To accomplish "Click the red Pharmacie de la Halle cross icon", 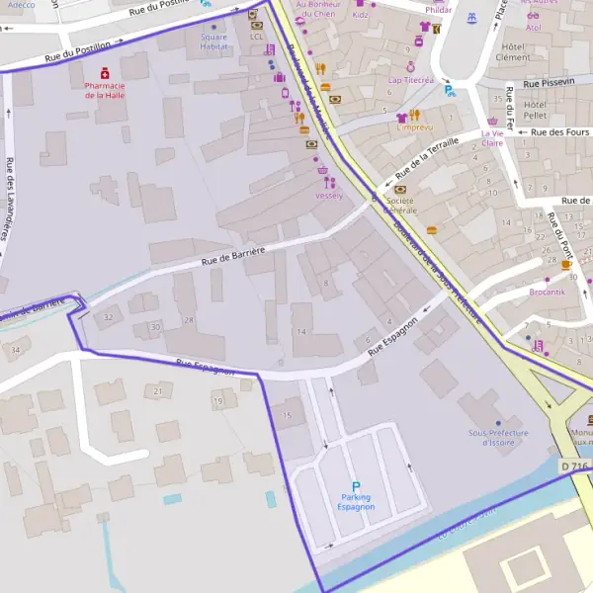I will tap(105, 72).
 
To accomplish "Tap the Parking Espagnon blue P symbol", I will tap(356, 486).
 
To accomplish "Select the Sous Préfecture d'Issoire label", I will tap(499, 437).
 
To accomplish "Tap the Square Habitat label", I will tap(213, 42).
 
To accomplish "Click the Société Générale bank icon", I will tap(400, 188).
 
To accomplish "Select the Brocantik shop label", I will tap(547, 292).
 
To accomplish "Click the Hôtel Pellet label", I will tap(536, 111).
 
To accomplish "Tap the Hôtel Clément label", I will tap(512, 51).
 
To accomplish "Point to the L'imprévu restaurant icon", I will tap(414, 115).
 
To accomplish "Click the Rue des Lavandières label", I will tap(11, 198).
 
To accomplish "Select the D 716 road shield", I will tap(573, 466).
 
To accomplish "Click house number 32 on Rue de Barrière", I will tap(108, 316).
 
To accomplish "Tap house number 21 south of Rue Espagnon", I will tap(158, 391).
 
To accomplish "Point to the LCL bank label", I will tap(257, 37).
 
